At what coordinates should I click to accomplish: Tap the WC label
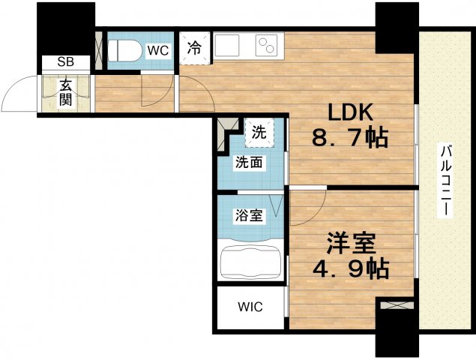point(157,50)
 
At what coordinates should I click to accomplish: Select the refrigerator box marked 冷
point(194,48)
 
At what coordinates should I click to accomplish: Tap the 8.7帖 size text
point(350,139)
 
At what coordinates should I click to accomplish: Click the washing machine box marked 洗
point(259,133)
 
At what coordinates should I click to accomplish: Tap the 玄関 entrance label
point(65,91)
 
